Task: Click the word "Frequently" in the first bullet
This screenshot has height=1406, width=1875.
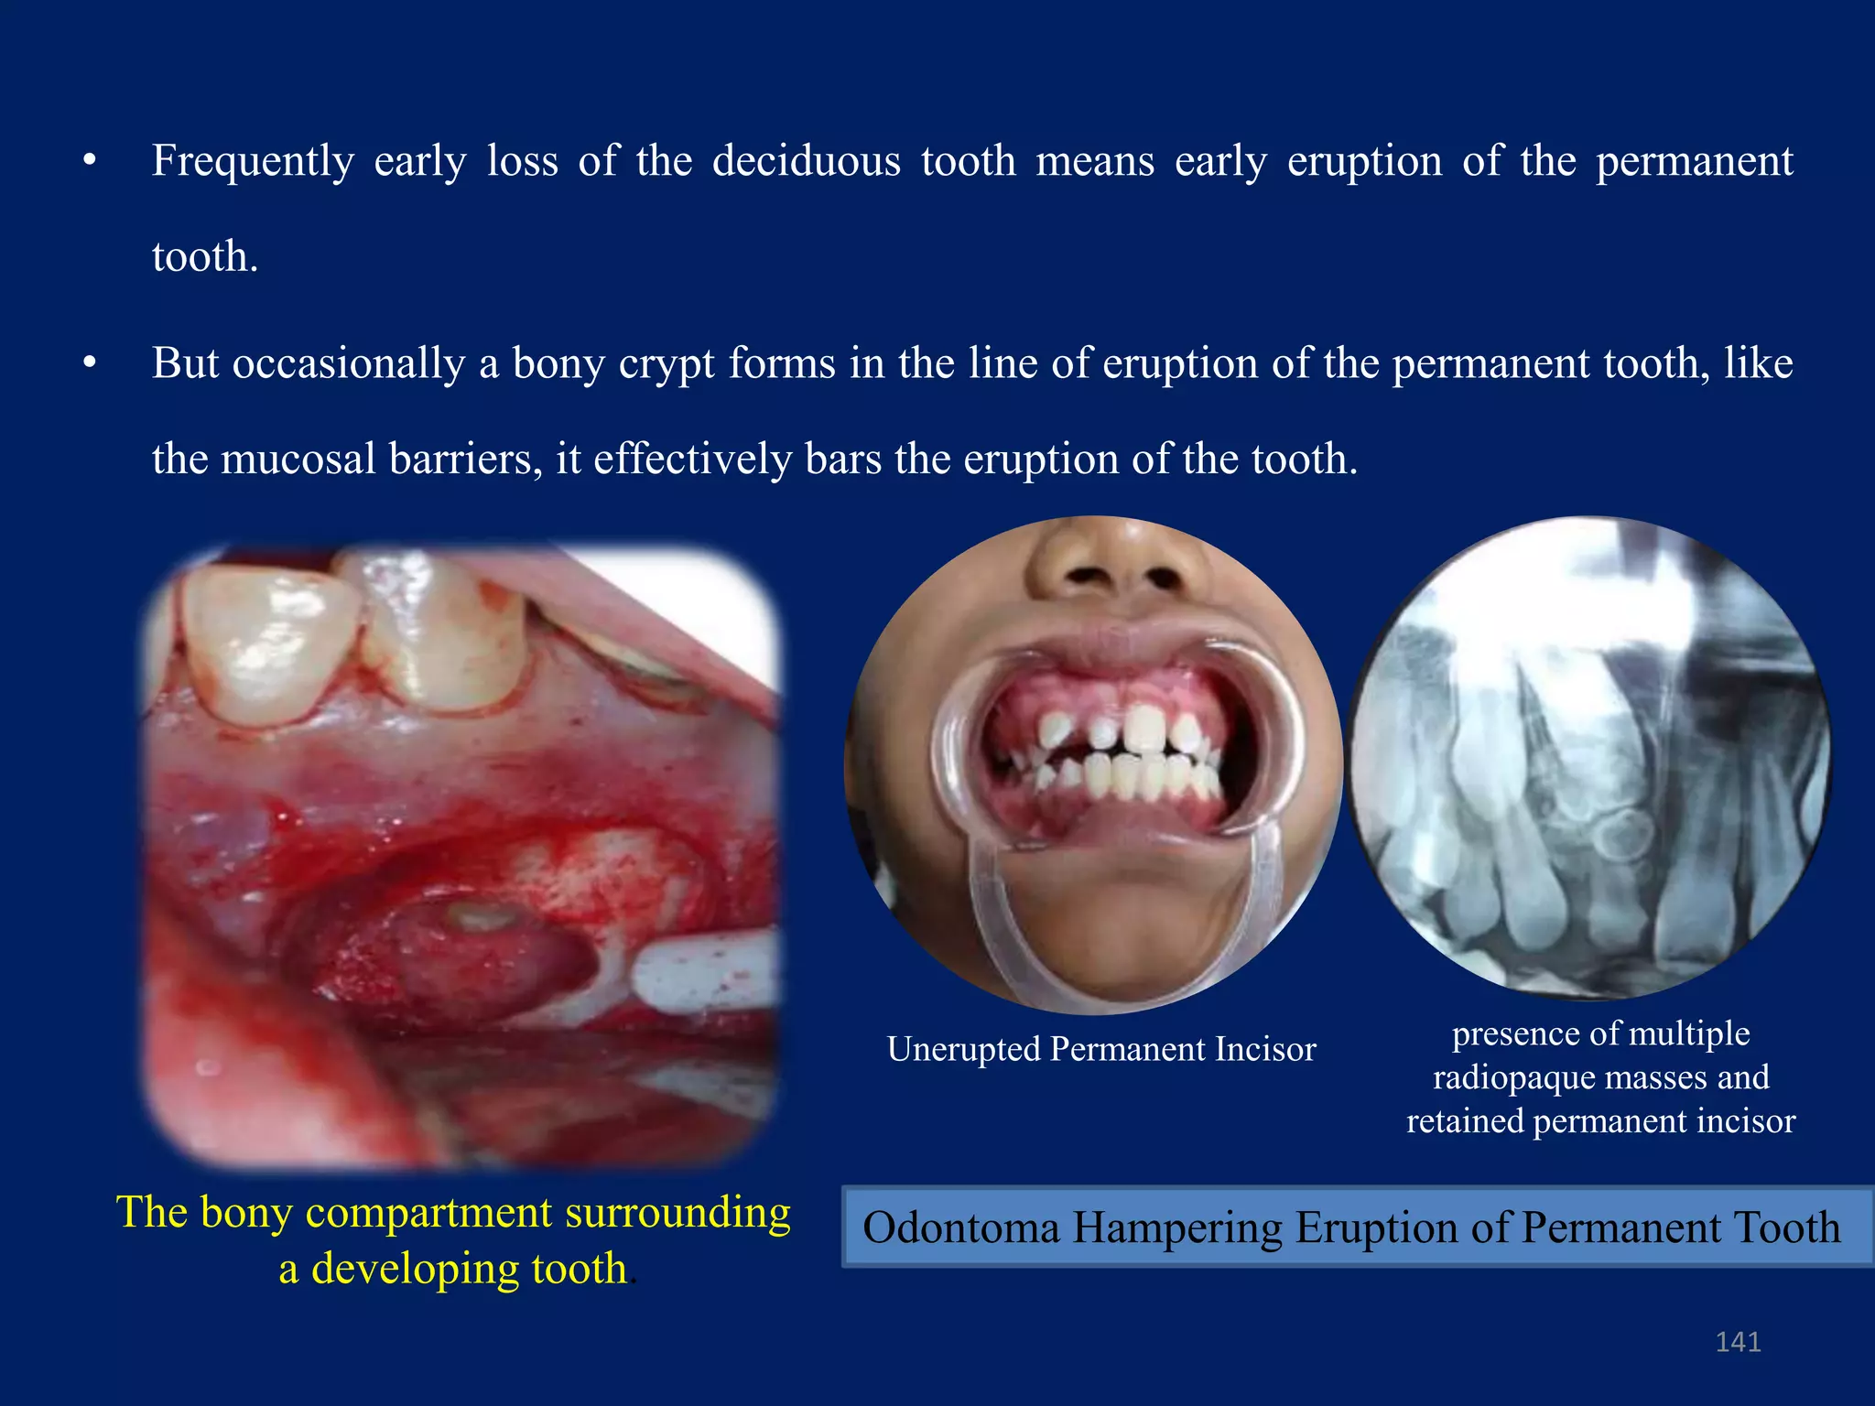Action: click(x=253, y=163)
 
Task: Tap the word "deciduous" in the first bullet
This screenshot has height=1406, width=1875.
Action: click(x=806, y=161)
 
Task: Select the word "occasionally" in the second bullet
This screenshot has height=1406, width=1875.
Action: click(x=349, y=364)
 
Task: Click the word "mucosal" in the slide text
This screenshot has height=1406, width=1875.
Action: click(x=298, y=459)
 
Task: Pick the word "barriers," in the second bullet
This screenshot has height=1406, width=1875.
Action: click(x=466, y=459)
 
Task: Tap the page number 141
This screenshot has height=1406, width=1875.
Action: click(x=1738, y=1342)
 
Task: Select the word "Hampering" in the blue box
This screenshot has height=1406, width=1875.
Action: click(x=1177, y=1228)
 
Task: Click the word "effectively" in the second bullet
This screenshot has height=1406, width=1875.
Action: click(x=692, y=459)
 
